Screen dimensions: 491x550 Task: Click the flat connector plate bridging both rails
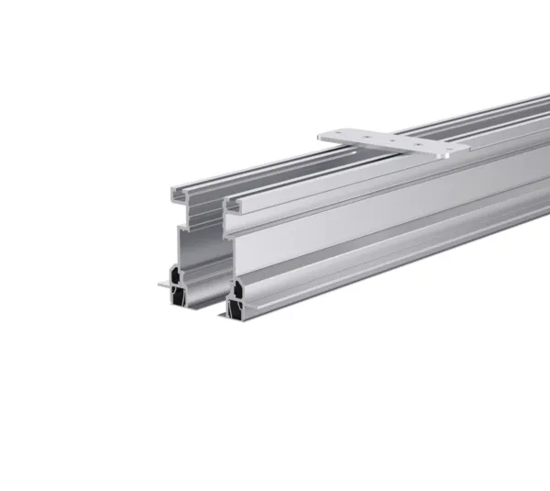point(394,142)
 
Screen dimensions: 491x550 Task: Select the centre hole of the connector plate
point(392,140)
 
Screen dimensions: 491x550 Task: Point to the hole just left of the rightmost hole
point(417,145)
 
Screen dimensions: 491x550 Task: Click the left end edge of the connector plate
point(321,137)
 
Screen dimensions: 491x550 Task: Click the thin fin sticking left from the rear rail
point(162,285)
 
